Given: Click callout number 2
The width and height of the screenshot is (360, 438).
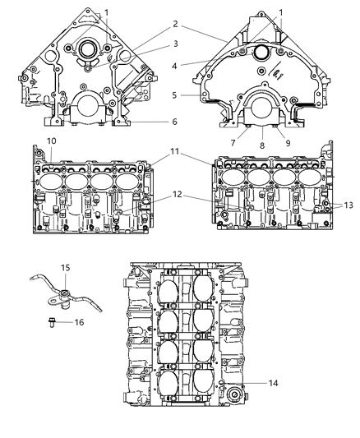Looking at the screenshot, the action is [x=175, y=24].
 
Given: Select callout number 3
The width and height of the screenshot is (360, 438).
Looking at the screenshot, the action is [x=175, y=44].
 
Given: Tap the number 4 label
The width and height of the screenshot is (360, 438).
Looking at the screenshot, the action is [x=174, y=67].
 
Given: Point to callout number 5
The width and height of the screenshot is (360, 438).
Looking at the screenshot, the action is [x=174, y=95].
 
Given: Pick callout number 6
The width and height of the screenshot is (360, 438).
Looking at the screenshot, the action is [x=174, y=122].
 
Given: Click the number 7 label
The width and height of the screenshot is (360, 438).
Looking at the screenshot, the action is [x=233, y=143].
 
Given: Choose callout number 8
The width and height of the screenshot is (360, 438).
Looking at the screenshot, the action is [x=262, y=145].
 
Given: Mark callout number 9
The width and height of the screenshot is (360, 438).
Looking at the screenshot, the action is [x=288, y=143].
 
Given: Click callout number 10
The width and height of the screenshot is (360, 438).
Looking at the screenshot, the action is [x=52, y=141].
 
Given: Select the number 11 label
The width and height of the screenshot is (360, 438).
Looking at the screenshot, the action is [x=174, y=152].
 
